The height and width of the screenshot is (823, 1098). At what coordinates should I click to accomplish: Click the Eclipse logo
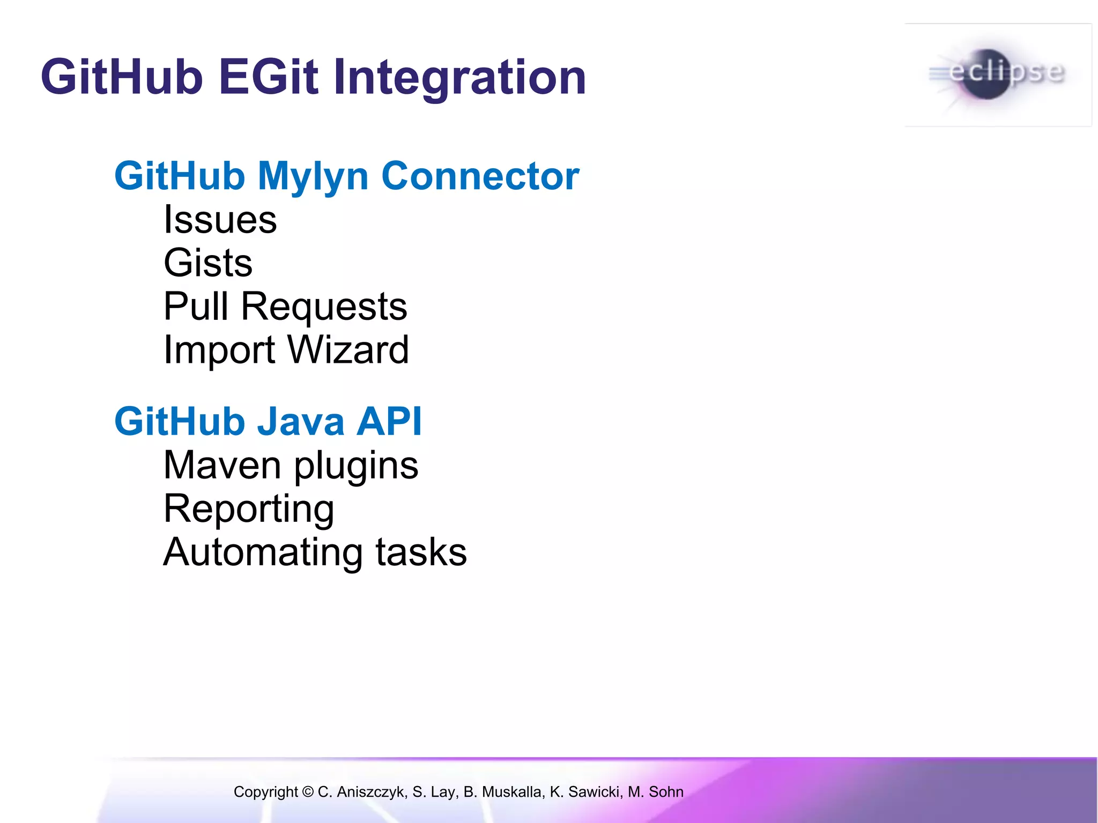coord(997,75)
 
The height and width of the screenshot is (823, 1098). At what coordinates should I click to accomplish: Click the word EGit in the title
coord(268,77)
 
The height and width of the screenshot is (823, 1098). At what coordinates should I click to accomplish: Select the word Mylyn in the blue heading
coord(313,177)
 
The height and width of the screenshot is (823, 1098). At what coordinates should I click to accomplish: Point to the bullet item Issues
coord(220,220)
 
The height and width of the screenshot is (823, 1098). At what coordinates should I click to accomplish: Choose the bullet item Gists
coord(208,263)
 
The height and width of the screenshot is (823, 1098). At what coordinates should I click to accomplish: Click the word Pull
coord(196,306)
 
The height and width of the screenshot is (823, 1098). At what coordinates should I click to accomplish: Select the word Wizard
coord(348,350)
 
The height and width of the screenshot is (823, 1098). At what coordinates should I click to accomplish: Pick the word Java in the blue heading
coord(300,421)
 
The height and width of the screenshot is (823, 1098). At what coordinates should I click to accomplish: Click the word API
coord(389,421)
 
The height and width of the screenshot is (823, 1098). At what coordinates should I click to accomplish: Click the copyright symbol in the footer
coord(308,792)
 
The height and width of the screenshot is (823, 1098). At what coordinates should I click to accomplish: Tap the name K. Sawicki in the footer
coord(586,792)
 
